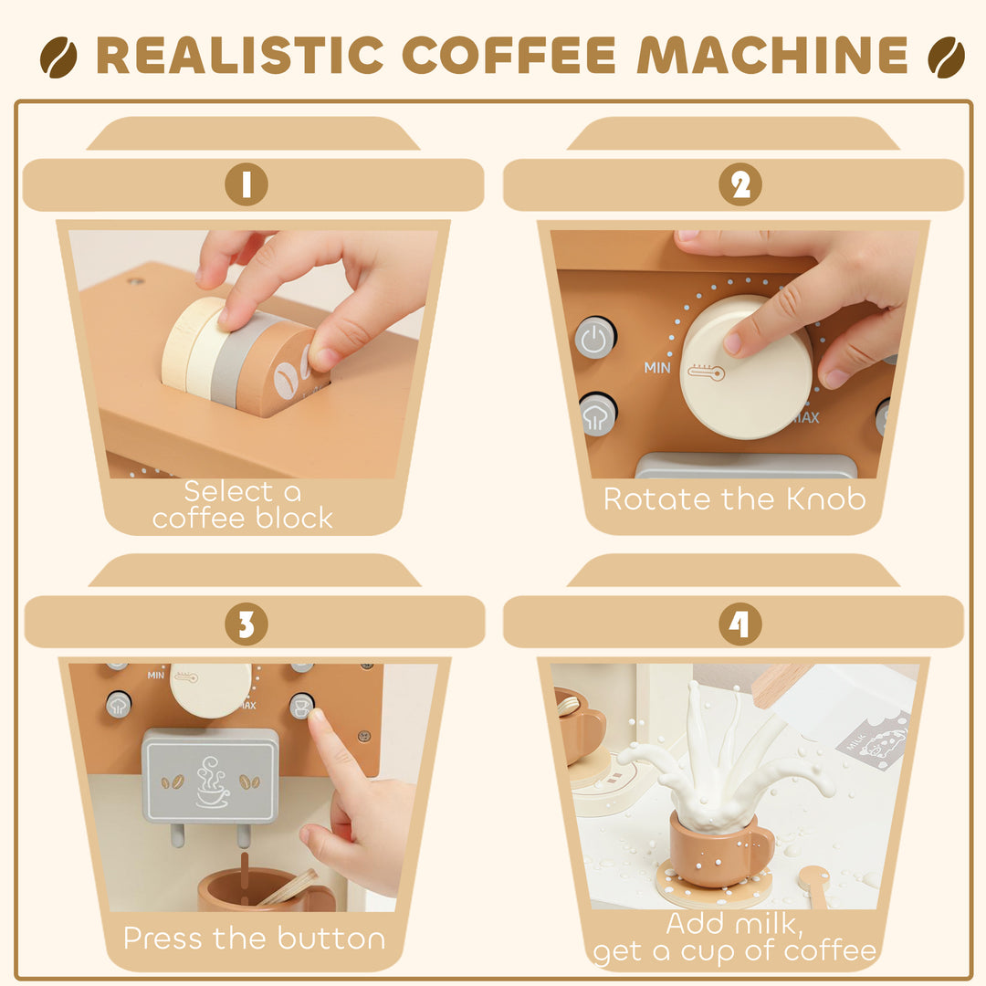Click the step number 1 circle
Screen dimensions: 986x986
click(x=246, y=184)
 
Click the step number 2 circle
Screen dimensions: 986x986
click(x=740, y=184)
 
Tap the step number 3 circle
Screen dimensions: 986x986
click(x=246, y=624)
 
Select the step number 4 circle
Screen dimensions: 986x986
click(x=740, y=624)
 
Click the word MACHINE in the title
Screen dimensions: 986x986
click(x=772, y=56)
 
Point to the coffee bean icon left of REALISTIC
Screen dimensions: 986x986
click(x=58, y=57)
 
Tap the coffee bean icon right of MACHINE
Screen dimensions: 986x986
click(x=946, y=57)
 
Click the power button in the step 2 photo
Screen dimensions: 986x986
click(x=594, y=339)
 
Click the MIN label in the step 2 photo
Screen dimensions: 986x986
click(x=657, y=368)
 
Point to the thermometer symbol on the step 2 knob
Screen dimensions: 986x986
click(x=706, y=372)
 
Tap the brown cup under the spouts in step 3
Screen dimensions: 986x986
click(x=246, y=889)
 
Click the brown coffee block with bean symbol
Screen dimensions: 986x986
click(x=279, y=372)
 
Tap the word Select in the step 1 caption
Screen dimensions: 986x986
click(x=229, y=491)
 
